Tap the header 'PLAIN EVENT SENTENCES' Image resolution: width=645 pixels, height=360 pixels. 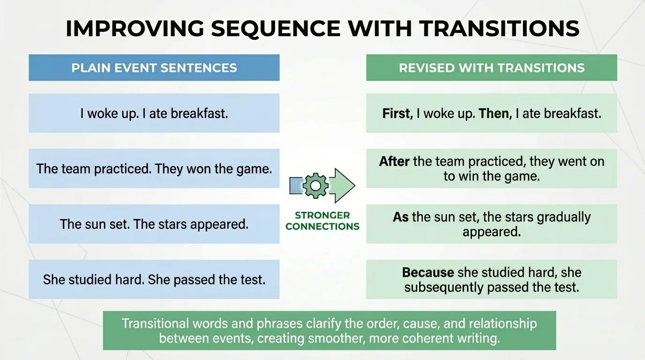(x=154, y=67)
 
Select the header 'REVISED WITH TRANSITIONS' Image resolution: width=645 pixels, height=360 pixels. (x=491, y=67)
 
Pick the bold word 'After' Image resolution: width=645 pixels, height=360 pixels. (x=394, y=162)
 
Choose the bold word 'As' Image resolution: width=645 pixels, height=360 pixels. (x=401, y=217)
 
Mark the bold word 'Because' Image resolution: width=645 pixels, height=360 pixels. (x=428, y=272)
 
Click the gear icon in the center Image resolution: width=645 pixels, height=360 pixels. (x=315, y=186)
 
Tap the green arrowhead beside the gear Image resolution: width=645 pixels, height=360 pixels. (x=343, y=186)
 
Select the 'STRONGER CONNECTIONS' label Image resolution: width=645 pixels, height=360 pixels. (x=322, y=221)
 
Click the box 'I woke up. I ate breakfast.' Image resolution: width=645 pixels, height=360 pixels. (x=154, y=113)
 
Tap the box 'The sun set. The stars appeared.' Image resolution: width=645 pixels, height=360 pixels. (x=154, y=224)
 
